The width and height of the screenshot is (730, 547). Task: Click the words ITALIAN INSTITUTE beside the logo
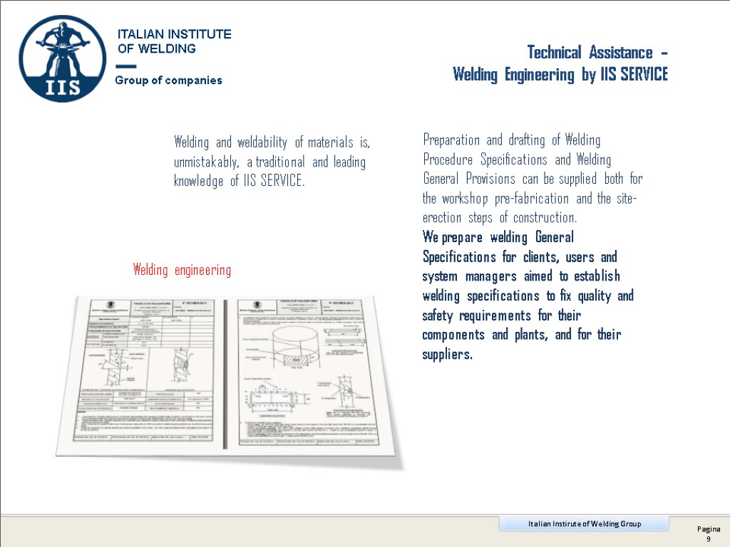click(174, 34)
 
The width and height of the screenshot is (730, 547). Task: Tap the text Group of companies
click(169, 80)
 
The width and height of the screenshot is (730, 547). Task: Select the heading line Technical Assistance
click(597, 53)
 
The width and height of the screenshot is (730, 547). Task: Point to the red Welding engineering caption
click(182, 270)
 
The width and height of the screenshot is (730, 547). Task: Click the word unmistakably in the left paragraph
click(207, 162)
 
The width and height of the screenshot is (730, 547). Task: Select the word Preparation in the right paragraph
click(451, 140)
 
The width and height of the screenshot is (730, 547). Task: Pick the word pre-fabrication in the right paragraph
click(533, 198)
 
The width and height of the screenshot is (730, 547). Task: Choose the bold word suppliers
click(446, 354)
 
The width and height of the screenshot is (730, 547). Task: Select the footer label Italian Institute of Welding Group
click(584, 524)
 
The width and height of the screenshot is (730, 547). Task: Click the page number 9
click(709, 540)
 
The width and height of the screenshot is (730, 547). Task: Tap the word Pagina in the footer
click(709, 529)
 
